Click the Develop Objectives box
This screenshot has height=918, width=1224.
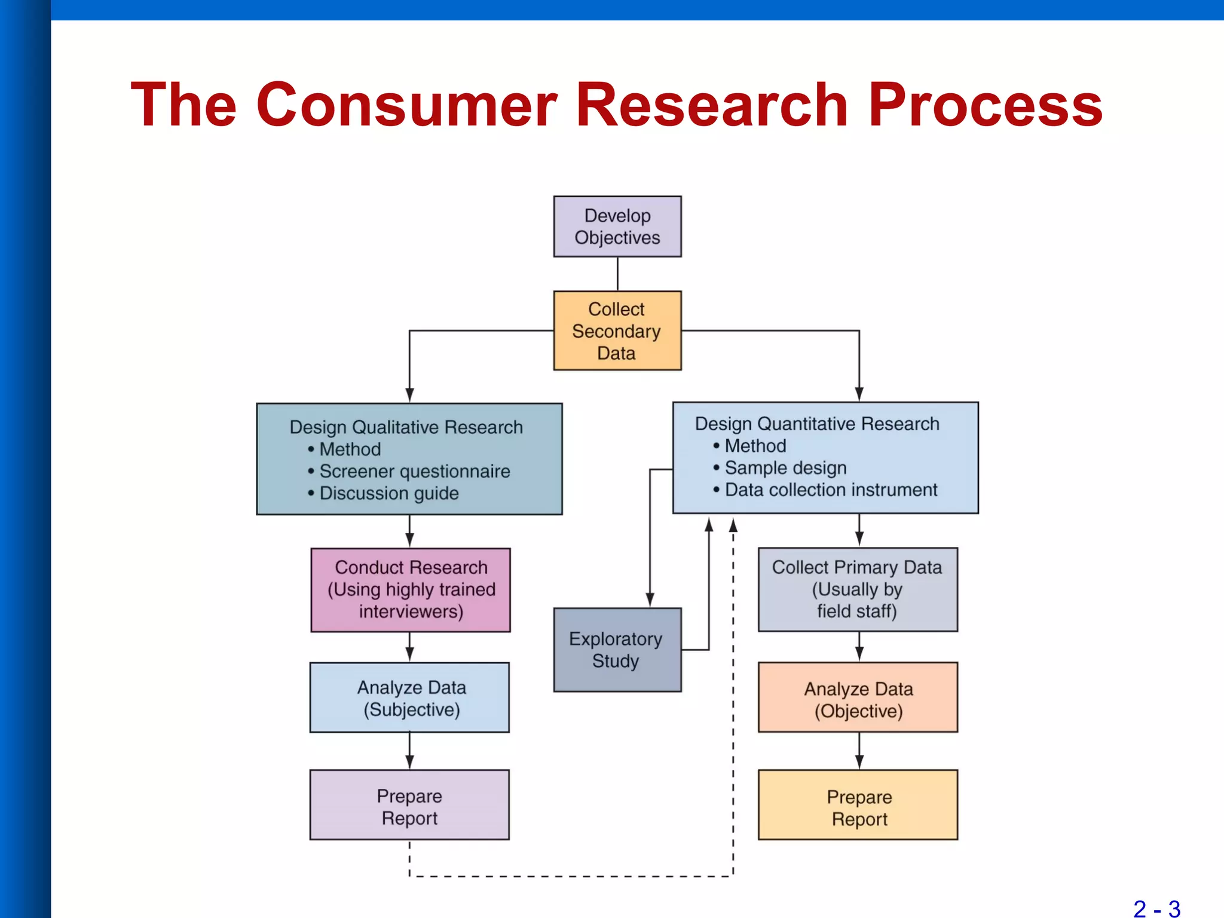coord(617,227)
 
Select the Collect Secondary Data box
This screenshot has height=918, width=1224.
coord(617,331)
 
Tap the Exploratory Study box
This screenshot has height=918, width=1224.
coord(617,650)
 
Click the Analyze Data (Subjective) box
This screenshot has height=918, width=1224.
coord(409,697)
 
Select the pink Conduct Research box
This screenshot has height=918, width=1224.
coord(411,590)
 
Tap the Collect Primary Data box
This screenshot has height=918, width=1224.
coord(858,590)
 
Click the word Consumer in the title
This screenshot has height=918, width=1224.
coord(406,105)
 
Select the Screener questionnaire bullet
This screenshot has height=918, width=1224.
coord(414,472)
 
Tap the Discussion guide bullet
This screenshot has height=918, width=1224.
coord(388,494)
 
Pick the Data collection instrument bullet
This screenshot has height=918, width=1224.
coord(831,490)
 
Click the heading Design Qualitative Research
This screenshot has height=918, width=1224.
coord(406,427)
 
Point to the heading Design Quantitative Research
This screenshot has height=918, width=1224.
coord(817,424)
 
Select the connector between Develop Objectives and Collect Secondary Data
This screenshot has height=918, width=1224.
coord(617,274)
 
